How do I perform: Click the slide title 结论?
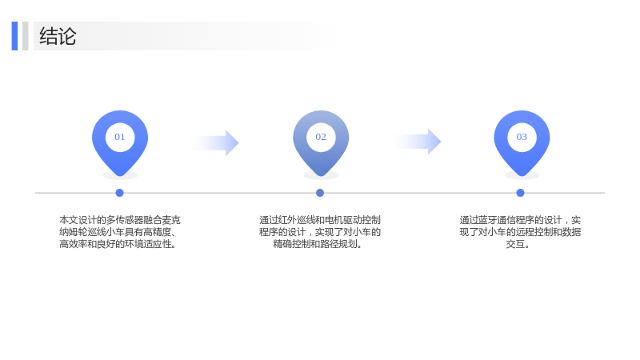[x=58, y=36]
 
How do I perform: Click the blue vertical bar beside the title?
[x=14, y=36]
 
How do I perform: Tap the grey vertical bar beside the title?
[x=26, y=36]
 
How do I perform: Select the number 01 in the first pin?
[x=119, y=137]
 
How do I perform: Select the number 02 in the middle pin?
[x=321, y=137]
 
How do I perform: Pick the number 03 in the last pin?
[x=522, y=137]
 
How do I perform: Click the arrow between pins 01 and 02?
[x=214, y=143]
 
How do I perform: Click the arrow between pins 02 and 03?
[x=417, y=142]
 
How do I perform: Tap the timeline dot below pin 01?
[x=119, y=193]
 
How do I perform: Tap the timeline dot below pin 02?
[x=320, y=193]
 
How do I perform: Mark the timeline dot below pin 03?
[x=521, y=193]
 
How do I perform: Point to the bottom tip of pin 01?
[x=120, y=176]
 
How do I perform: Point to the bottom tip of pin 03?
[x=522, y=176]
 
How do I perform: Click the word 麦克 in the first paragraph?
[x=171, y=220]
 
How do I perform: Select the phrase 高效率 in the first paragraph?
[x=73, y=244]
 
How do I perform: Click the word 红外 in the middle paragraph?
[x=287, y=220]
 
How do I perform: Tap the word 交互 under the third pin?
[x=515, y=244]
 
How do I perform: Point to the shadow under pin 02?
[x=322, y=176]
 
